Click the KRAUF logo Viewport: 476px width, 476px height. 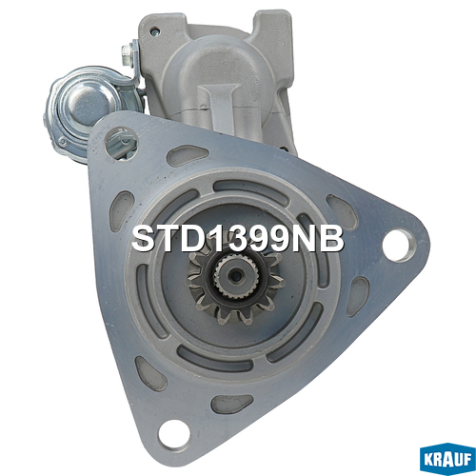click(447, 459)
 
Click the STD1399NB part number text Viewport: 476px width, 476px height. click(238, 239)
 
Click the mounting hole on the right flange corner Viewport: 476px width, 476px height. click(399, 246)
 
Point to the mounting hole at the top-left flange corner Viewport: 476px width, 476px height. click(121, 144)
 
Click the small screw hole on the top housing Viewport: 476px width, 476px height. click(155, 31)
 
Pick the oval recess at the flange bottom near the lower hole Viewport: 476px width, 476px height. click(232, 404)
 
